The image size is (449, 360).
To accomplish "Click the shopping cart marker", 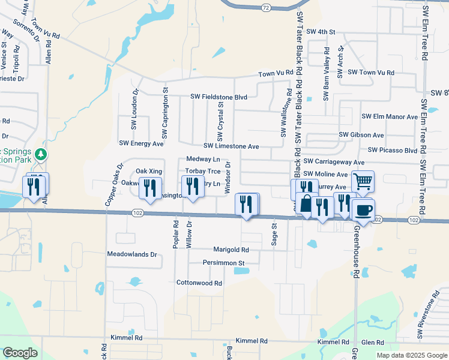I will tap(363, 181).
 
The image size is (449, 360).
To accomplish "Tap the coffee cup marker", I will tap(362, 210).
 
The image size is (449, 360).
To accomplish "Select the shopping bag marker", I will tap(306, 203).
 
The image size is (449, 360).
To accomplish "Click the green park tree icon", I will tap(41, 154).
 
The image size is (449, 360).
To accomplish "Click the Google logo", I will tap(20, 352).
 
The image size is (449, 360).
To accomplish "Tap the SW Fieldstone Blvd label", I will tap(219, 96).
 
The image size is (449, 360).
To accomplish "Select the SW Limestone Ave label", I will tap(231, 146).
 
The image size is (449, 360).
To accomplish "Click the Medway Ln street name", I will tap(203, 159).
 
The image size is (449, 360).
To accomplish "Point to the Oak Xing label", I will tap(149, 171).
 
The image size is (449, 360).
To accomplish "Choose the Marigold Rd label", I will tap(231, 250).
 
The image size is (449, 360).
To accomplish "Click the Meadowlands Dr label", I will tap(131, 254).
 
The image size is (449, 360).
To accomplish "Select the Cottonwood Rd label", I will tap(199, 283).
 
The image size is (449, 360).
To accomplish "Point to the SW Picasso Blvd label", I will tap(393, 150).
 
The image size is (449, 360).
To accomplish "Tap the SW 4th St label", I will tap(320, 31).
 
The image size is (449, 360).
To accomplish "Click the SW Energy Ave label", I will tap(141, 144).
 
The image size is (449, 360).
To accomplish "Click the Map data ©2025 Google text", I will tap(411, 355).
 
